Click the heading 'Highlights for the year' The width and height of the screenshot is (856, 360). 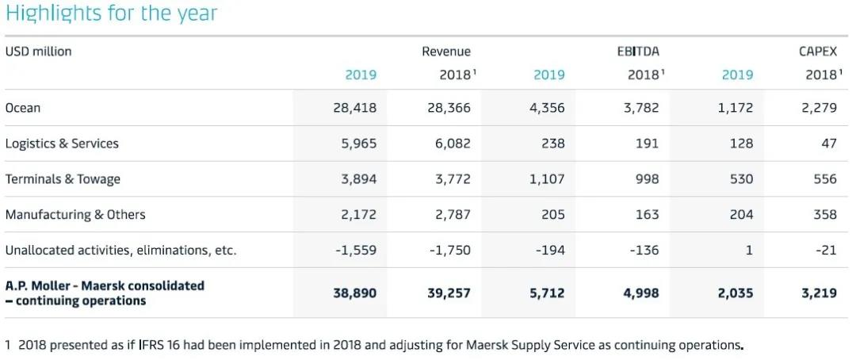pyautogui.click(x=111, y=13)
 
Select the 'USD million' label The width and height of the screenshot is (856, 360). pyautogui.click(x=38, y=52)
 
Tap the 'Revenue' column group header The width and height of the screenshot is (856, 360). pyautogui.click(x=446, y=52)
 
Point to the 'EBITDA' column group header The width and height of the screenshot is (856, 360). pyautogui.click(x=638, y=52)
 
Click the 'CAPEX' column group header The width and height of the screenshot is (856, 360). pyautogui.click(x=818, y=52)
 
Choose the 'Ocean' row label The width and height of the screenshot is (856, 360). pyautogui.click(x=23, y=108)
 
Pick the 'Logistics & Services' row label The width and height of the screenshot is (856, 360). pyautogui.click(x=62, y=144)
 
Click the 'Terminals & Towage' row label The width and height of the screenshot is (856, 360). pyautogui.click(x=63, y=179)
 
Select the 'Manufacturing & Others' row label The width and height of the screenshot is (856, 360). pyautogui.click(x=75, y=215)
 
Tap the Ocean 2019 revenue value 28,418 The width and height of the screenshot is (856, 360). pyautogui.click(x=355, y=108)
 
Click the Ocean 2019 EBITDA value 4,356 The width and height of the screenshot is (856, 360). pyautogui.click(x=547, y=108)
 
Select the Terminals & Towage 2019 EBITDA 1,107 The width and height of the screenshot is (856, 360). pyautogui.click(x=547, y=179)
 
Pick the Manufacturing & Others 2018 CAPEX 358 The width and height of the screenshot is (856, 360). pyautogui.click(x=824, y=215)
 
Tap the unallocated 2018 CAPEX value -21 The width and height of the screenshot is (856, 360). pyautogui.click(x=826, y=251)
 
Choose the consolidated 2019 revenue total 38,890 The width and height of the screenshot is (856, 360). pyautogui.click(x=355, y=293)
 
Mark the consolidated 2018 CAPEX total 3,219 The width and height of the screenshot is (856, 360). pyautogui.click(x=819, y=293)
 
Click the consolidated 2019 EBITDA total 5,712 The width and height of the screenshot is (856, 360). pyautogui.click(x=547, y=293)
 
